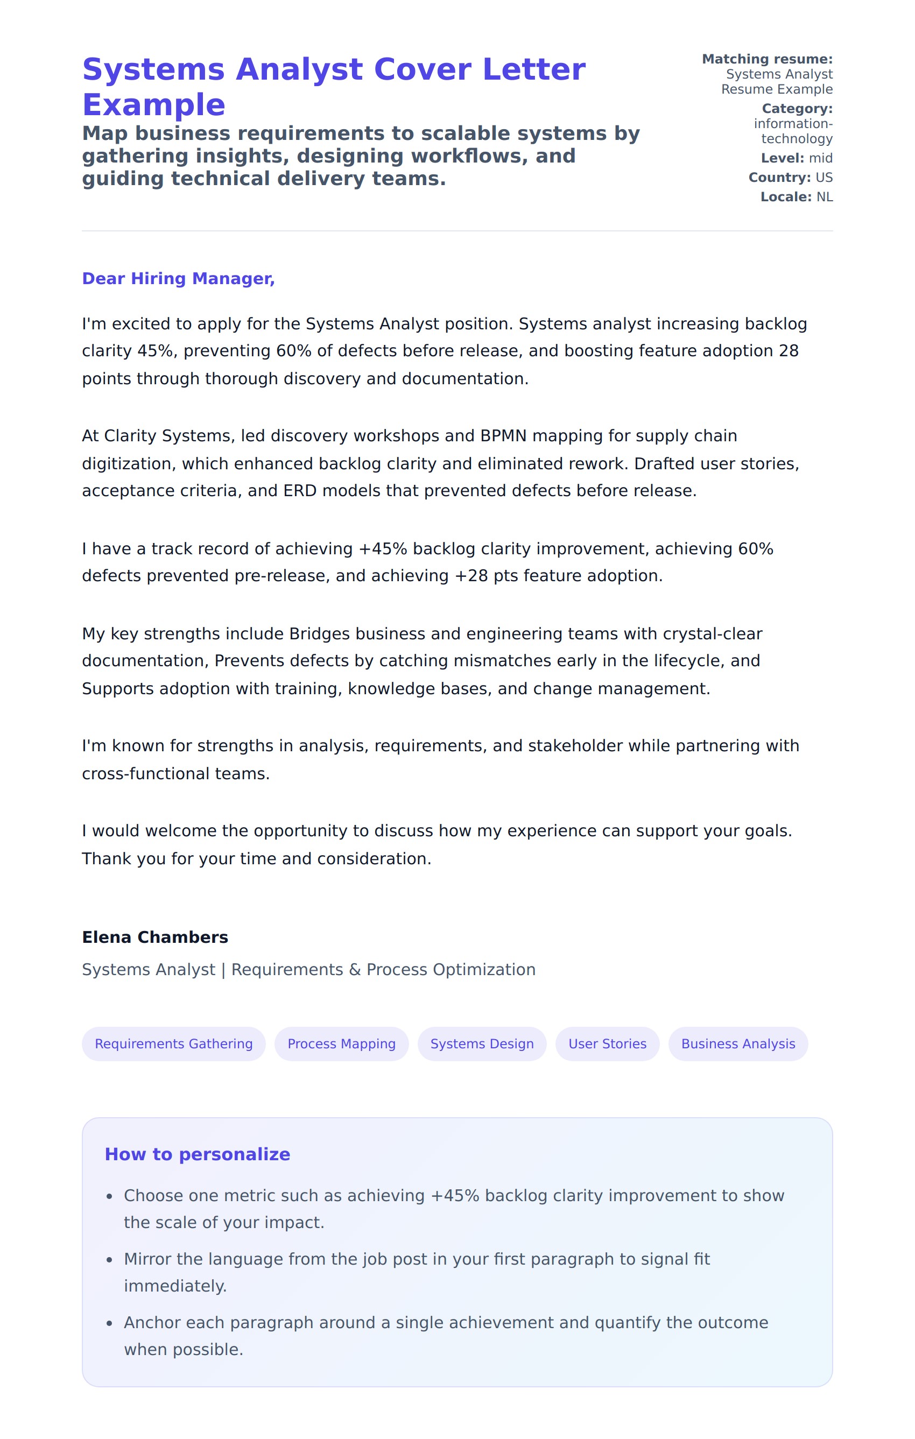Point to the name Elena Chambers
[155, 937]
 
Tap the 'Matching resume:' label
[767, 59]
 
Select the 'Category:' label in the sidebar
[797, 109]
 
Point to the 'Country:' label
[779, 178]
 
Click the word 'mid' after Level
[821, 158]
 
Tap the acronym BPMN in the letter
[503, 436]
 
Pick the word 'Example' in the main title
[153, 105]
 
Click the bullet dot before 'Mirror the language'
[109, 1260]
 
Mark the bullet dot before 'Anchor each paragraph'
[109, 1324]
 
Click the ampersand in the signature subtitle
[355, 969]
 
